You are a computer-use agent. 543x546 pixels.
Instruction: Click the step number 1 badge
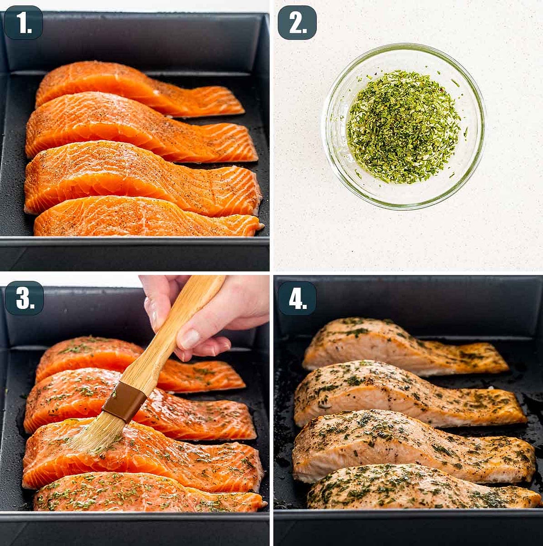pyautogui.click(x=23, y=22)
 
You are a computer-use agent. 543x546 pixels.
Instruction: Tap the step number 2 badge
pyautogui.click(x=297, y=22)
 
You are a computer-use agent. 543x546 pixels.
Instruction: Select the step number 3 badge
pyautogui.click(x=24, y=298)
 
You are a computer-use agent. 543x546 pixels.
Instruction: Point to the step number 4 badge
pyautogui.click(x=297, y=298)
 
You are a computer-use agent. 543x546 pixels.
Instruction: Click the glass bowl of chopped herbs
pyautogui.click(x=403, y=126)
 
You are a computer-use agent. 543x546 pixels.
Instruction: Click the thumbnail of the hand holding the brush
pyautogui.click(x=190, y=339)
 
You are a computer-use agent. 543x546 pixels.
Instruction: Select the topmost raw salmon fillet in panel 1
pyautogui.click(x=137, y=89)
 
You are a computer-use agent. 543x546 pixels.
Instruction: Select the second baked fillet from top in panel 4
pyautogui.click(x=405, y=394)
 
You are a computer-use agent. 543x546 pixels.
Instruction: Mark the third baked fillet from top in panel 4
pyautogui.click(x=410, y=446)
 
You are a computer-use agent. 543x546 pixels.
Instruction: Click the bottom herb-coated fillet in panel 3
pyautogui.click(x=146, y=494)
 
